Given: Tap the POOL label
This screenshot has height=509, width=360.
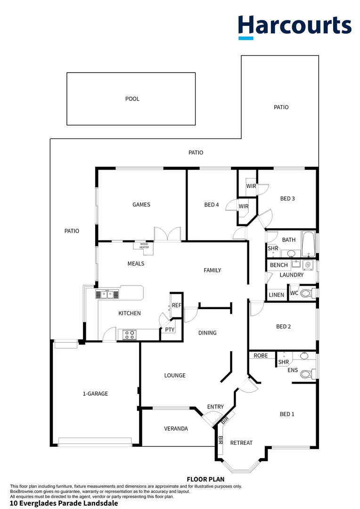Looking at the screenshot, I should coord(132,99).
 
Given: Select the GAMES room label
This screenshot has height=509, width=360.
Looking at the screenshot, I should coord(141,205).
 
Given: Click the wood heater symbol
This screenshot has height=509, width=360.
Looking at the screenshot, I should coord(144,246).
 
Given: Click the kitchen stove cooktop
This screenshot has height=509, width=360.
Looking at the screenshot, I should coord(130,335).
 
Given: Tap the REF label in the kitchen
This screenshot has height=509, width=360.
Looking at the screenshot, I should coord(176,305).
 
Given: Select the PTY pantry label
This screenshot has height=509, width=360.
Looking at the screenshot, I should coord(170,330).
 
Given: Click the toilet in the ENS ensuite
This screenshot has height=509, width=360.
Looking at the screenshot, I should coord(307,374).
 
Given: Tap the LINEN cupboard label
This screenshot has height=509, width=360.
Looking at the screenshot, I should coord(277,295).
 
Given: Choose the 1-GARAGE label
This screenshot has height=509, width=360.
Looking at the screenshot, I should coord(95,394).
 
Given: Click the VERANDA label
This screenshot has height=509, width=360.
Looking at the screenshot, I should coord(176,428).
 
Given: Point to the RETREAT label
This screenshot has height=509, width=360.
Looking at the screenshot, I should coord(241,443).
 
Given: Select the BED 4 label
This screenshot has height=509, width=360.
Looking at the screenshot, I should coord(212,205).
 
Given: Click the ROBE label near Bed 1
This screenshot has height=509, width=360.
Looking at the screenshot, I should coord(261,355).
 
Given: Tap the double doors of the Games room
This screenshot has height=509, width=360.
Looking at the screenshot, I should coord(168,235).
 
